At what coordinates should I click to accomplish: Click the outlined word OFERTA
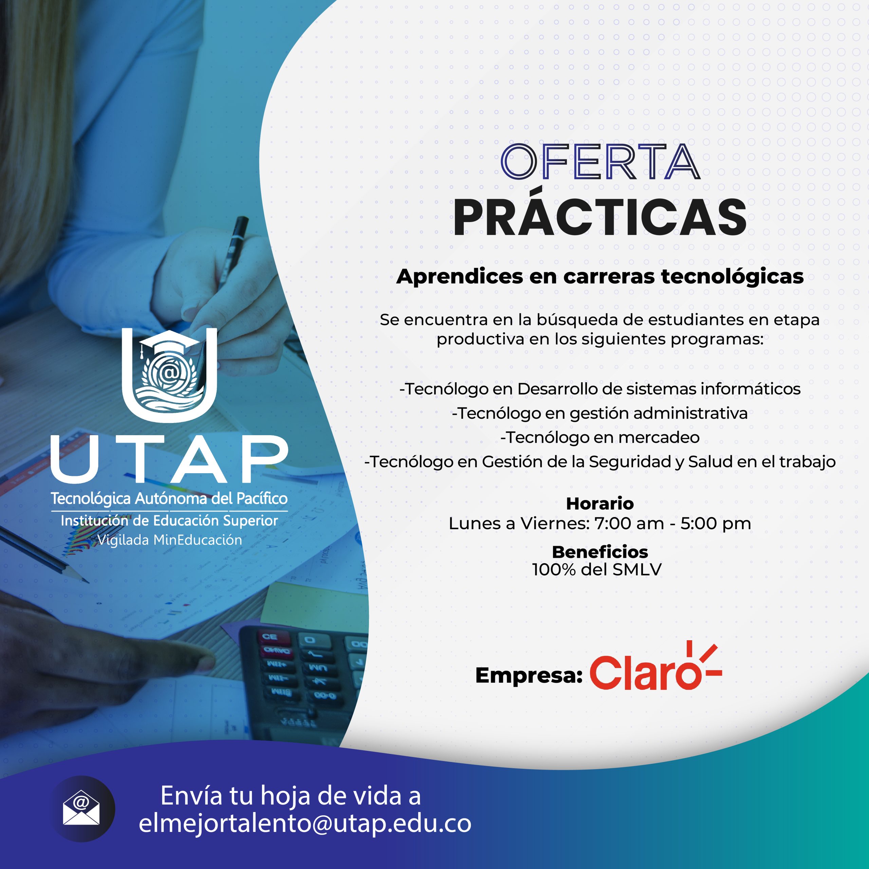click(x=600, y=162)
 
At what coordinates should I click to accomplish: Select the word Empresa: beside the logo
click(x=529, y=675)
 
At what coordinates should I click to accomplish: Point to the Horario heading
click(x=599, y=504)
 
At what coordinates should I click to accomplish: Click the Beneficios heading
click(x=599, y=552)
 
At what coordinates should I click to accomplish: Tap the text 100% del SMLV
click(x=597, y=570)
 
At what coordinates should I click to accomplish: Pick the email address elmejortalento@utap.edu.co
click(x=305, y=823)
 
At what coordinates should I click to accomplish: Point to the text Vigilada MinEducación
click(x=170, y=540)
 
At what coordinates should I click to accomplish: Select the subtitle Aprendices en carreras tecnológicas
click(x=599, y=276)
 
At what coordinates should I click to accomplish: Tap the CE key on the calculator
click(x=270, y=637)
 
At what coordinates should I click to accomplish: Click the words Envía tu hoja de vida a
click(x=291, y=796)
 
